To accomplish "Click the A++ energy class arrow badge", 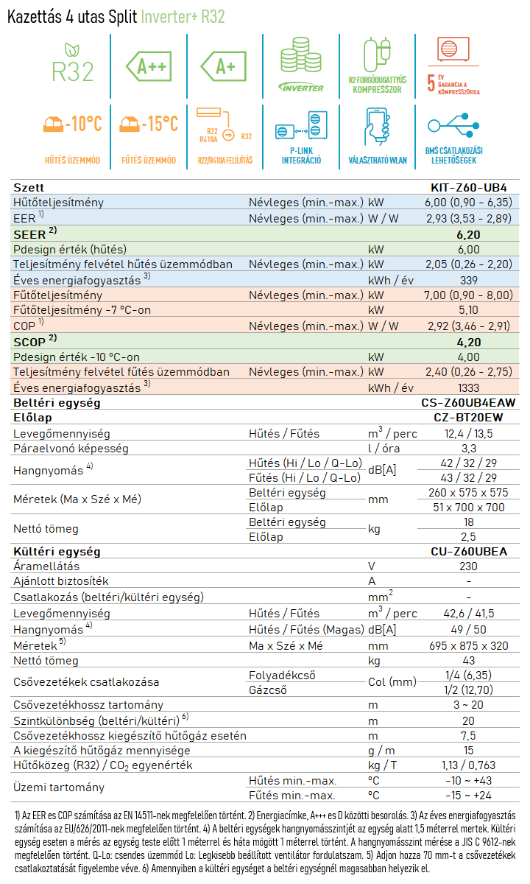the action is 149,66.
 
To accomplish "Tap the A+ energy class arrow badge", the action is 224,66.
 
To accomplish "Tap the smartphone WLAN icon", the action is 378,127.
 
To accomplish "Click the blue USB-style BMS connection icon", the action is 453,125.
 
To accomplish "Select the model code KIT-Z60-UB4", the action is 468,187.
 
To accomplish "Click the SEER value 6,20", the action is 468,235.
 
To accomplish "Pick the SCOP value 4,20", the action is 468,342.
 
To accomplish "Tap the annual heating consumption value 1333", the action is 468,388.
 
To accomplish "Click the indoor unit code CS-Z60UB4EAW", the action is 468,402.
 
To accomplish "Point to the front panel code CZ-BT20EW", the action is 468,418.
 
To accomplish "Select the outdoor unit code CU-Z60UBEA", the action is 468,551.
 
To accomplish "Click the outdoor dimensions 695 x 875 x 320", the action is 468,646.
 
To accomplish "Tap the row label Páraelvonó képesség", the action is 71,449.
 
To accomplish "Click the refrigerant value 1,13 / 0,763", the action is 468,765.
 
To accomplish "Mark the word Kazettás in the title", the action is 35,17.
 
